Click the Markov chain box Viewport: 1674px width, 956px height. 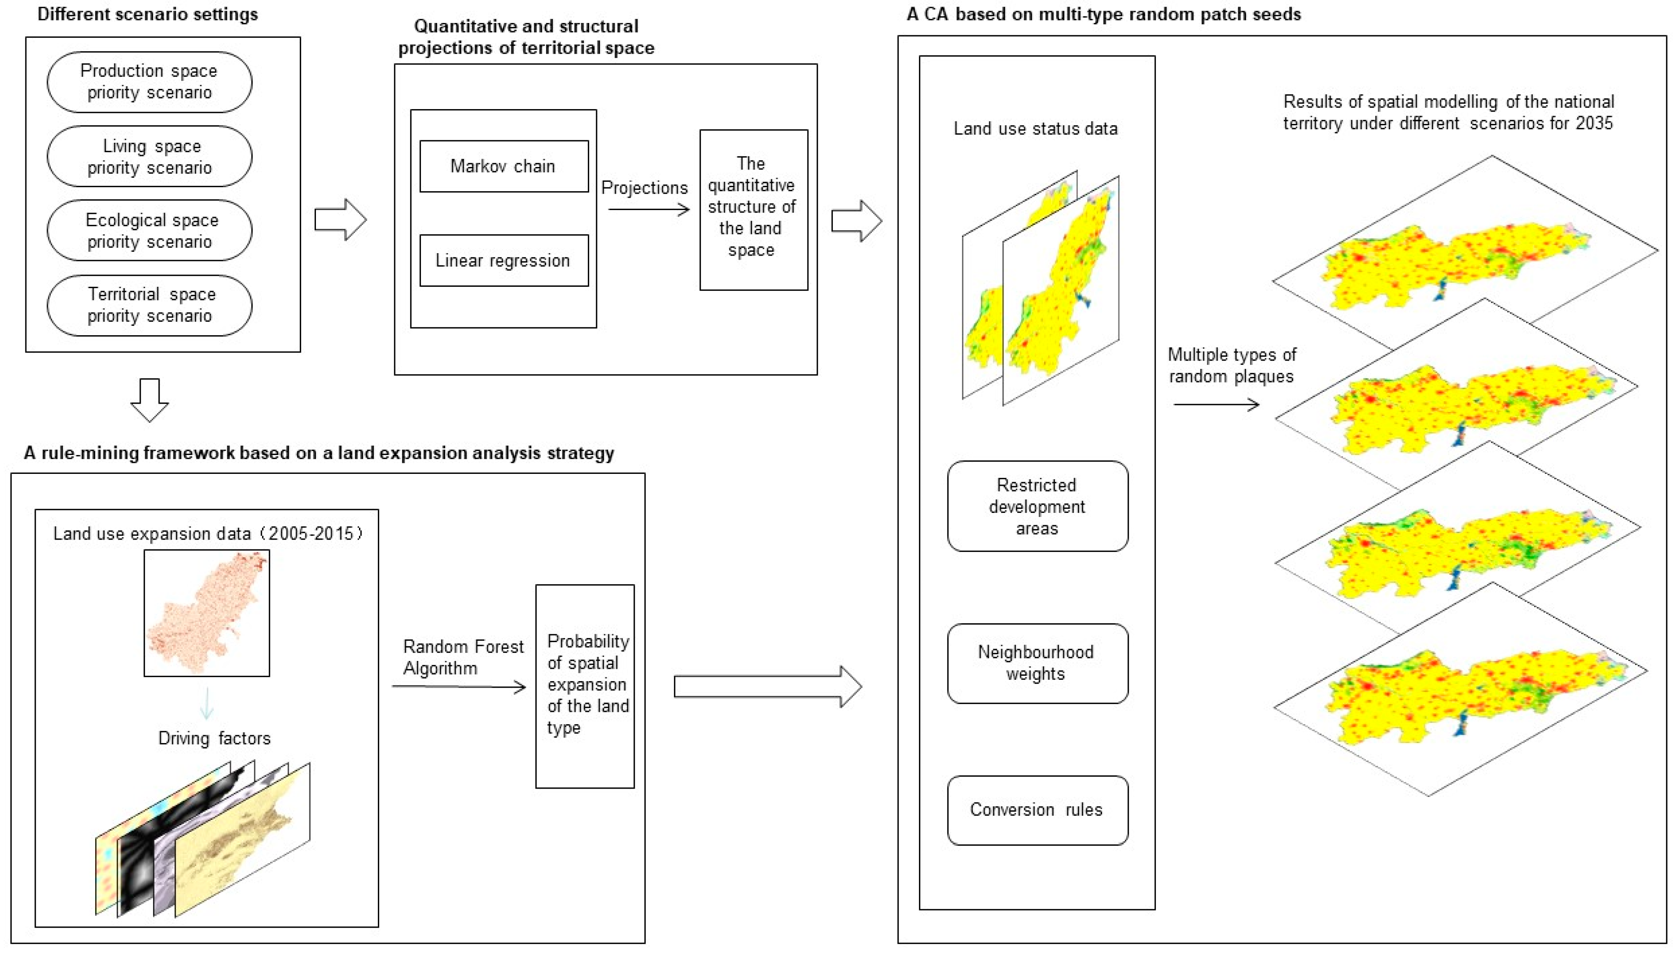click(x=503, y=166)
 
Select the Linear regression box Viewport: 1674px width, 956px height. click(x=503, y=261)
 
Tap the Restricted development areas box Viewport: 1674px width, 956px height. click(x=1037, y=506)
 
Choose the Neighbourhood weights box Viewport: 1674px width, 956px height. click(x=1037, y=663)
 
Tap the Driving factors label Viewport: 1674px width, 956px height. click(x=214, y=739)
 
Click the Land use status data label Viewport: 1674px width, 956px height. click(x=1035, y=129)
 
